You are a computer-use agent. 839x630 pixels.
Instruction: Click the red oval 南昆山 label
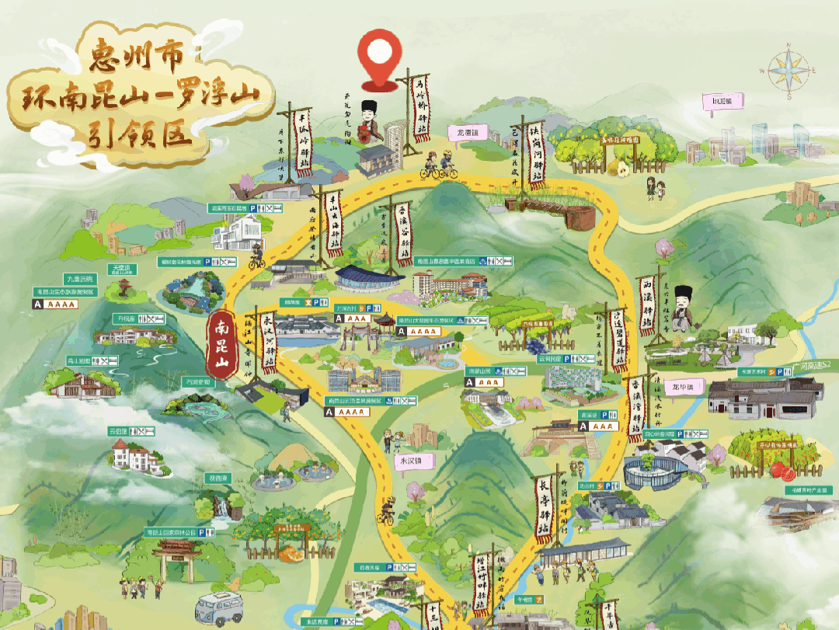pos(220,344)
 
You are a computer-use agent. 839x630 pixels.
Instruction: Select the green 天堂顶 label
pos(124,269)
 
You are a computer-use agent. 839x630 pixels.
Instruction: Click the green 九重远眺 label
pos(79,279)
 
